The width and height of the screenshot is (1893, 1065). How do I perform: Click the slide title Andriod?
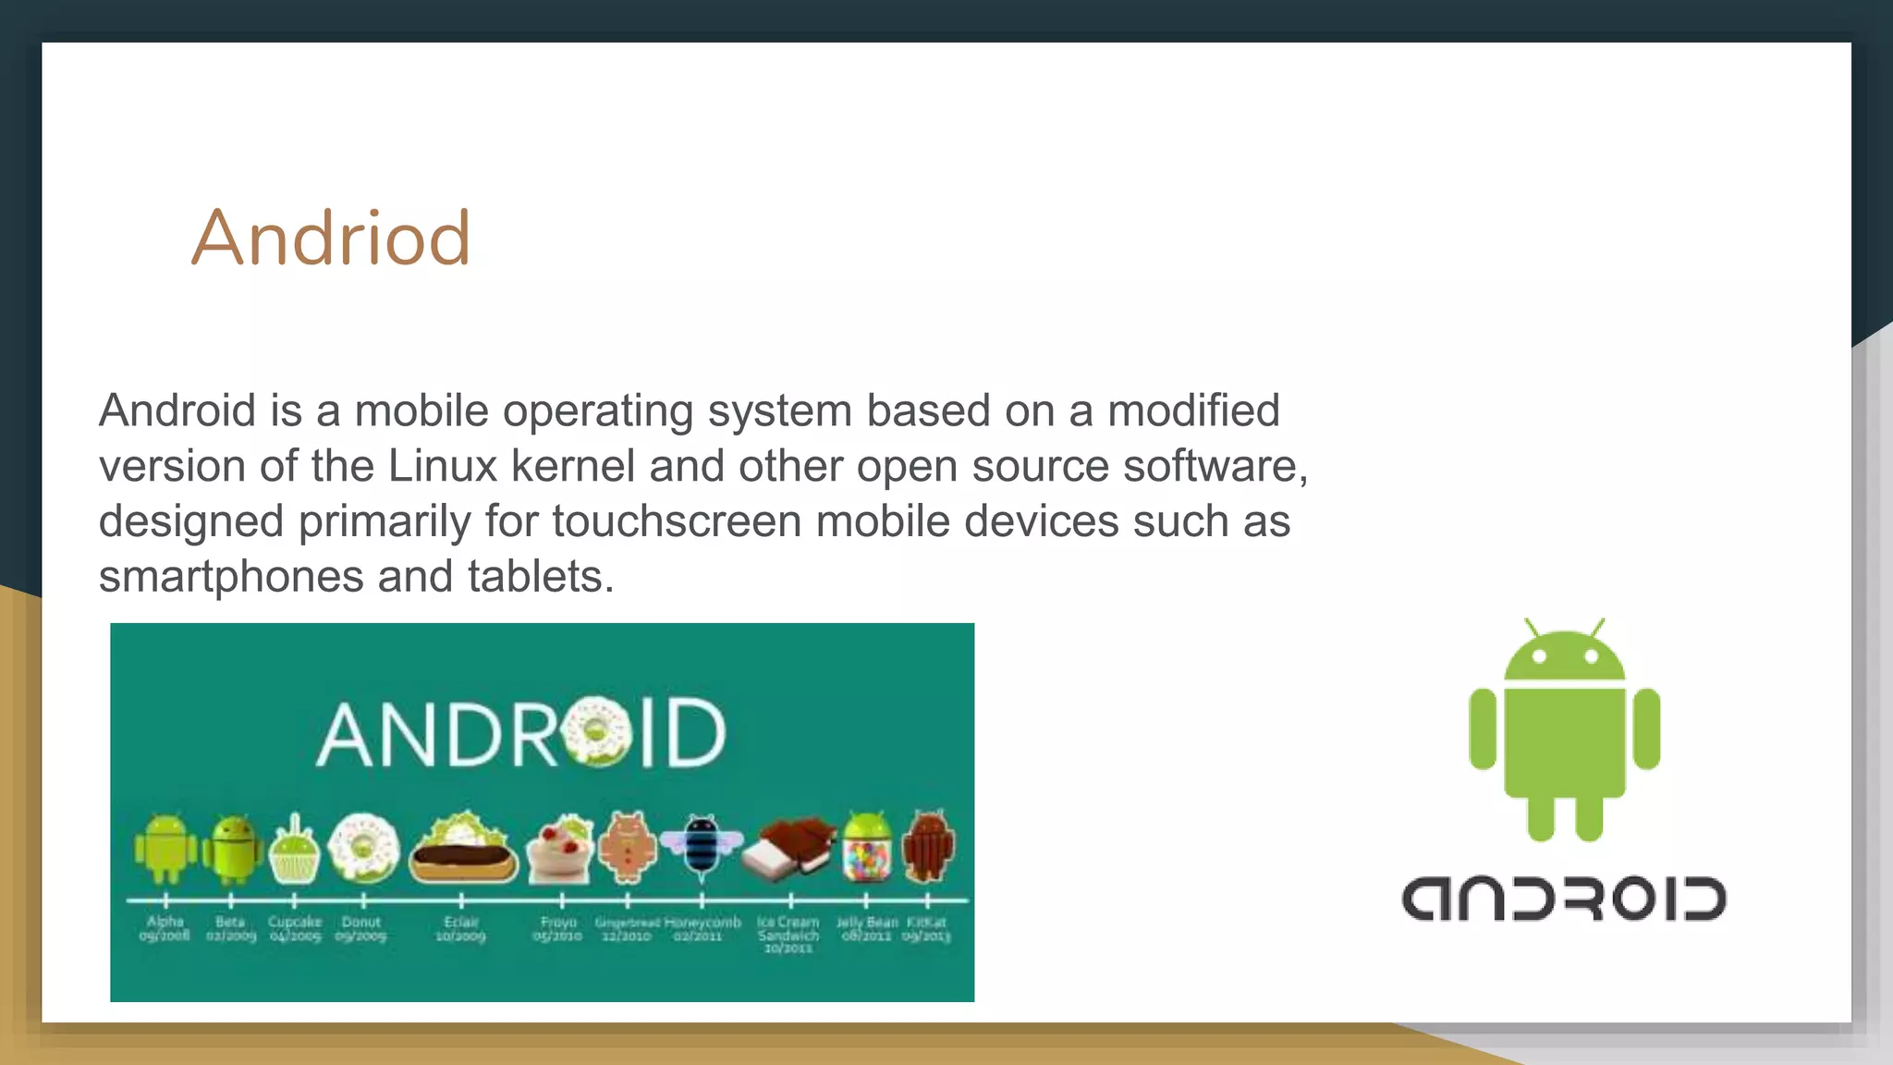tap(331, 238)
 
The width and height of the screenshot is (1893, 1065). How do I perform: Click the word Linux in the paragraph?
tap(443, 466)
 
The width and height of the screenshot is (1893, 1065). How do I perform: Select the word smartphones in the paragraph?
tap(231, 577)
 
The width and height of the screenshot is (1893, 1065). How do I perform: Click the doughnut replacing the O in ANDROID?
tap(596, 733)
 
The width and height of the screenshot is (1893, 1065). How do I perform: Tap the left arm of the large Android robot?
tap(1483, 728)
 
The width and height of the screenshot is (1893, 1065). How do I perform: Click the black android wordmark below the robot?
tap(1564, 900)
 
